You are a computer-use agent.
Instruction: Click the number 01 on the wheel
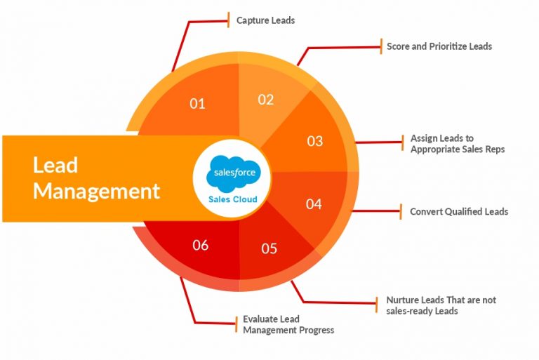pos(197,103)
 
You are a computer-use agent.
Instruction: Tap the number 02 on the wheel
pos(266,100)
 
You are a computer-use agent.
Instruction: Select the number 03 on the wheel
pos(315,141)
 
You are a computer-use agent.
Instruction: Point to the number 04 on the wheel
pos(314,204)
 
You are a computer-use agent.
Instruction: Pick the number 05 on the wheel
pos(269,248)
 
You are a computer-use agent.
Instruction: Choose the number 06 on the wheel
pos(201,245)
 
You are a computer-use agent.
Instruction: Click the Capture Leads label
pos(266,20)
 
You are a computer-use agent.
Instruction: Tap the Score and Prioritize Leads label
pos(439,46)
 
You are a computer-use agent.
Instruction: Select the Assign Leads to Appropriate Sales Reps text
pos(458,144)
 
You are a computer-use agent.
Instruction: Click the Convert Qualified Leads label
pos(459,211)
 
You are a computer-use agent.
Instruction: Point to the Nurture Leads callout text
pos(441,305)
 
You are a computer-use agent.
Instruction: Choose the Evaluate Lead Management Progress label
pos(288,325)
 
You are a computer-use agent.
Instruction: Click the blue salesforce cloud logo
pos(234,173)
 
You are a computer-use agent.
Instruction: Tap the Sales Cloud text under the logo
pos(233,199)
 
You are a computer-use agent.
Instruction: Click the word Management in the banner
pos(97,192)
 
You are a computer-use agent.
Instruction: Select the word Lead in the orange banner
pos(55,165)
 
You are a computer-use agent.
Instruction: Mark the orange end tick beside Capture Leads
pos(228,20)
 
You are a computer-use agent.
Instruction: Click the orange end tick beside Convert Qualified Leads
pos(401,211)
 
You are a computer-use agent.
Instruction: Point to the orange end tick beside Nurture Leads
pos(378,304)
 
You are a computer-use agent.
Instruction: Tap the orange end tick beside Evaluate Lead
pos(236,324)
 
